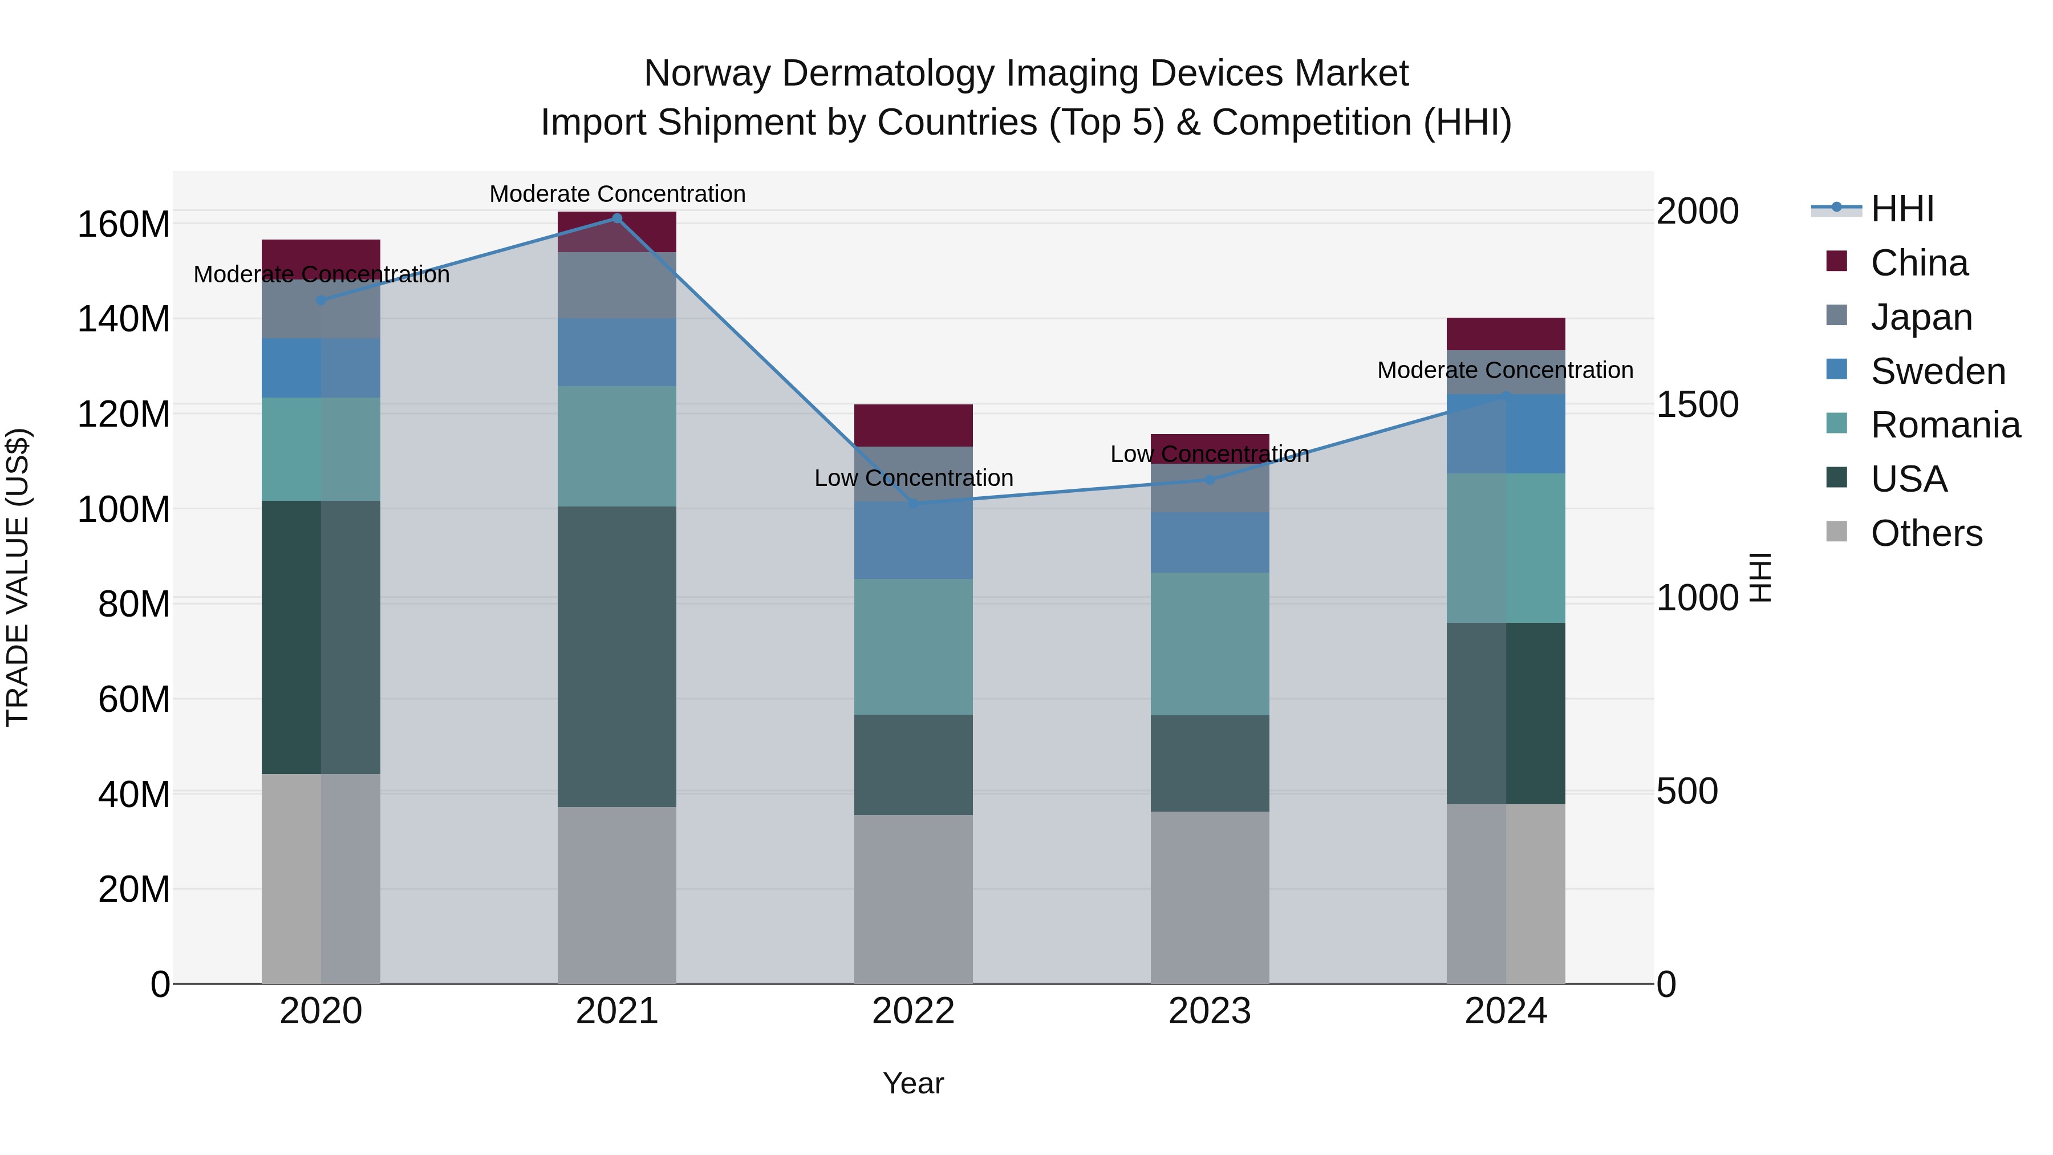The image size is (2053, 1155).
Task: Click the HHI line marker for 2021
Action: (x=617, y=218)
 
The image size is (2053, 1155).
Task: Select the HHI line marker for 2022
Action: (x=914, y=504)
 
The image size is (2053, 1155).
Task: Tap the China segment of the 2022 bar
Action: (x=914, y=425)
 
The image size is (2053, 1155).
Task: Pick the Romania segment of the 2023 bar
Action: (x=1210, y=643)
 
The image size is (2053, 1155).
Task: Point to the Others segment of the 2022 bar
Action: (x=914, y=898)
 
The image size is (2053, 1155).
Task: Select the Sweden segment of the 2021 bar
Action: (x=617, y=352)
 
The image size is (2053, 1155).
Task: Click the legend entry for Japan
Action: (x=1921, y=317)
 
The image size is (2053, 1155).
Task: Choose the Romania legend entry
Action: (x=1945, y=425)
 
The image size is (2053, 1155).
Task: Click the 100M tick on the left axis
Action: (x=124, y=509)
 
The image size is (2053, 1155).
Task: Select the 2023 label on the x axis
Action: (x=1210, y=1011)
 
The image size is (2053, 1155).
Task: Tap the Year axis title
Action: (x=914, y=1083)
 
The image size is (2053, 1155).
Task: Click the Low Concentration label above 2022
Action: (x=914, y=479)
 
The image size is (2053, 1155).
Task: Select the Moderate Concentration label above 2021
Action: (x=617, y=194)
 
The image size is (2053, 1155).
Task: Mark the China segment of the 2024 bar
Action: (x=1506, y=333)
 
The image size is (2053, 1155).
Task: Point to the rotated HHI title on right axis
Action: (x=1760, y=577)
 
